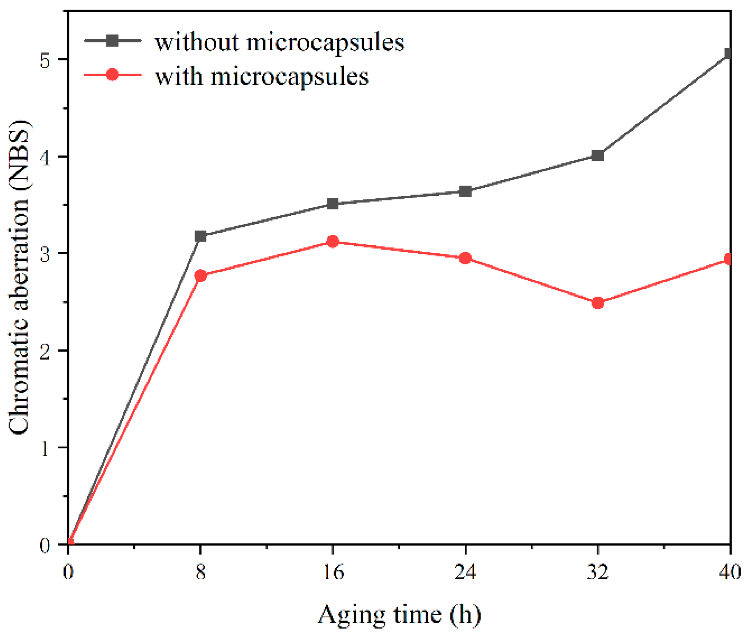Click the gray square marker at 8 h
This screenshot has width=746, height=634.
200,236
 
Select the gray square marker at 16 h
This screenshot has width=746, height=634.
333,204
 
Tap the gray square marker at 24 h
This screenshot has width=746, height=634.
465,191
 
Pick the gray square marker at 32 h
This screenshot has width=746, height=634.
598,156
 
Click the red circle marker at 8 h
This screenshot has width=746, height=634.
200,276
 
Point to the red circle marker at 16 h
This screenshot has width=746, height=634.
333,241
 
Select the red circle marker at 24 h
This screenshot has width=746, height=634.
465,258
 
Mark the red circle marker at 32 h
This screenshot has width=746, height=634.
598,303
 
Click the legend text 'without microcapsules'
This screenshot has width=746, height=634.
279,42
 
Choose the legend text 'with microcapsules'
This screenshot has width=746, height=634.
262,77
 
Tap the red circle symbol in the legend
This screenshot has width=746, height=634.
112,74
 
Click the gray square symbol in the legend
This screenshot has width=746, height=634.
112,40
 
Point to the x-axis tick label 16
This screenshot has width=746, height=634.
333,572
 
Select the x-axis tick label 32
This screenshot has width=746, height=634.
598,572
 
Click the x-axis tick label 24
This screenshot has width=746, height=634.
465,572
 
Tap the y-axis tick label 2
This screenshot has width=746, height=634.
45,351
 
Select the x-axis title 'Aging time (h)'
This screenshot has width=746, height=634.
399,615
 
